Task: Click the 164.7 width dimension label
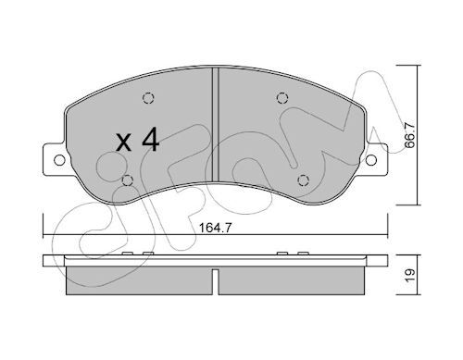[x=215, y=228]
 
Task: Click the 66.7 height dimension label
[x=410, y=135]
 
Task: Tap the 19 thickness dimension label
[x=410, y=275]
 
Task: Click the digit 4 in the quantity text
[x=151, y=140]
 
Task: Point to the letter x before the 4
[x=124, y=143]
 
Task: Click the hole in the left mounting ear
[x=59, y=160]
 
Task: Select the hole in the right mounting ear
[x=371, y=160]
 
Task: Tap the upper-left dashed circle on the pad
[x=148, y=98]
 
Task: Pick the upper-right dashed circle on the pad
[x=282, y=98]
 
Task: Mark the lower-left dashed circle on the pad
[x=128, y=180]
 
